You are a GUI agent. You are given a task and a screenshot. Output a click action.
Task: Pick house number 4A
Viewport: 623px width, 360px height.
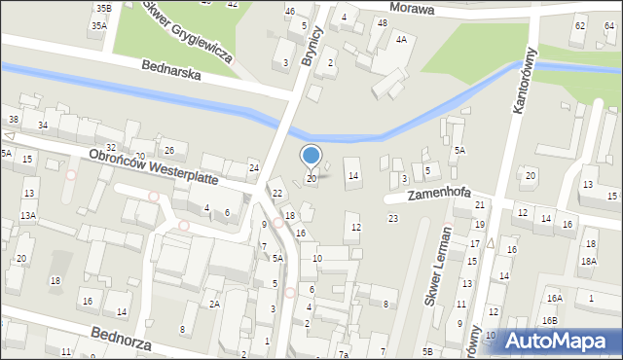tap(401, 40)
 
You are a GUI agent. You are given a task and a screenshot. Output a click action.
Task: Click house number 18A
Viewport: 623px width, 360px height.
tap(588, 262)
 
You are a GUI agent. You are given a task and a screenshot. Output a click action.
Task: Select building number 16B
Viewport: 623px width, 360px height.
tap(550, 320)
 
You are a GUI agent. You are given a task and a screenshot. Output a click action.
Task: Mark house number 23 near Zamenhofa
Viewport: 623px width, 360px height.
tap(392, 218)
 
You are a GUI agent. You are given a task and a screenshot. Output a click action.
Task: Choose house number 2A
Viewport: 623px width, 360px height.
tap(214, 305)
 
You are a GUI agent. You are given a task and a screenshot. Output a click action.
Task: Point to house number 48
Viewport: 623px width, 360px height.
tap(382, 22)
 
